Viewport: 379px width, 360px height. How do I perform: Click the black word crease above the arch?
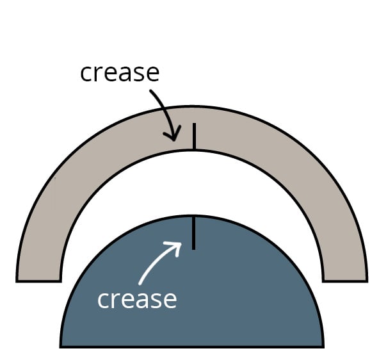click(120, 73)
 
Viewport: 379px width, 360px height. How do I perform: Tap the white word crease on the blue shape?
click(137, 300)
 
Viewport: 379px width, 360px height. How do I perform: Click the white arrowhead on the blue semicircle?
click(175, 248)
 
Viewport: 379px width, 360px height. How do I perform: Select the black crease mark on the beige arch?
click(194, 136)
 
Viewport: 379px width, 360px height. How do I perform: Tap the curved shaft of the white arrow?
click(157, 263)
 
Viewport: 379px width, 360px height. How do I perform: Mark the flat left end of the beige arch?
click(38, 281)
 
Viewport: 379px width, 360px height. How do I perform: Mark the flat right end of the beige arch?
click(345, 281)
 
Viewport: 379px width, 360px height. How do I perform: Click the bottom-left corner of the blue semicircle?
click(60, 347)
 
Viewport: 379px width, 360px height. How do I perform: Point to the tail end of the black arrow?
click(150, 91)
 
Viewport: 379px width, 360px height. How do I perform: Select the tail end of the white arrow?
click(140, 283)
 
